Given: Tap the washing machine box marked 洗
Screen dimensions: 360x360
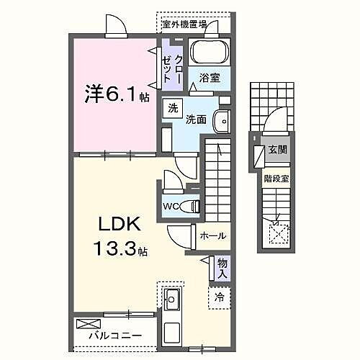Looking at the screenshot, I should coord(172,109).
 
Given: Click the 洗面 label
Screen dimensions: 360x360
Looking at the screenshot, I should coord(197,120).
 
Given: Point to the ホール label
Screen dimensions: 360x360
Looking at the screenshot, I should coord(213,235).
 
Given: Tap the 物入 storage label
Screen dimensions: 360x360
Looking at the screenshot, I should coord(222,269).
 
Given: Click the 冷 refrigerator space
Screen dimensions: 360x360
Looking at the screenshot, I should coord(219,294).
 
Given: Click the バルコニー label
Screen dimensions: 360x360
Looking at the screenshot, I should coord(115,336).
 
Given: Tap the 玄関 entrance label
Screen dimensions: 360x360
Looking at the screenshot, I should coord(277,150).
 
